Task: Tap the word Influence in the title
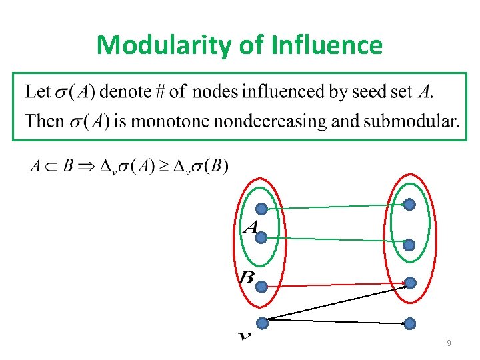[x=327, y=45]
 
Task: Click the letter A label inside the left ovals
[x=251, y=227]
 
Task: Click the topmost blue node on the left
[x=262, y=209]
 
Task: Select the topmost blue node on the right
[x=409, y=204]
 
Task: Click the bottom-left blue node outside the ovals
[x=262, y=324]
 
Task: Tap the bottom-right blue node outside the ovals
[x=409, y=324]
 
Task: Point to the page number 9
[x=449, y=343]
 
